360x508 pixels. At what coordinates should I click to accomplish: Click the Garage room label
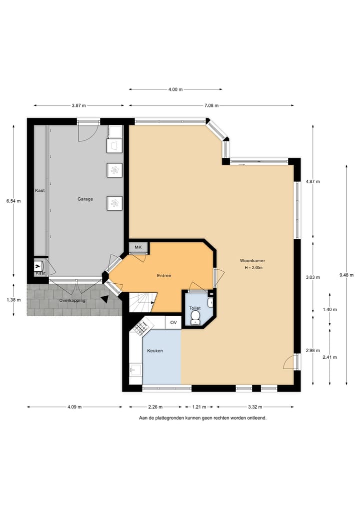(x=85, y=199)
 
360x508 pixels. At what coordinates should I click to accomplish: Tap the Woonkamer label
(x=252, y=261)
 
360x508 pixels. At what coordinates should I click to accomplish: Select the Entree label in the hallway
(x=164, y=275)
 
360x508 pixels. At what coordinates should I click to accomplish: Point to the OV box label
(x=173, y=322)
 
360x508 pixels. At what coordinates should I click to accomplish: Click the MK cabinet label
(x=138, y=247)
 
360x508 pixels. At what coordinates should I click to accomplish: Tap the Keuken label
(x=154, y=351)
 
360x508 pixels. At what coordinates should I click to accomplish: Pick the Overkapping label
(x=72, y=300)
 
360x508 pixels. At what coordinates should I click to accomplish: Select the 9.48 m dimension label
(x=346, y=275)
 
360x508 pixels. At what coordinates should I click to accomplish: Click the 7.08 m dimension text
(x=211, y=105)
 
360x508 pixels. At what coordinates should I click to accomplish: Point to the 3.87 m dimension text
(x=78, y=105)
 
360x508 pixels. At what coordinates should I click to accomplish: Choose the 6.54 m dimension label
(x=13, y=201)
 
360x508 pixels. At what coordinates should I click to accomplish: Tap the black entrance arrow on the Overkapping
(x=104, y=299)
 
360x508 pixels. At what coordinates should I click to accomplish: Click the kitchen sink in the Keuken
(x=135, y=370)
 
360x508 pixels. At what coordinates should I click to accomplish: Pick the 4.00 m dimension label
(x=175, y=89)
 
